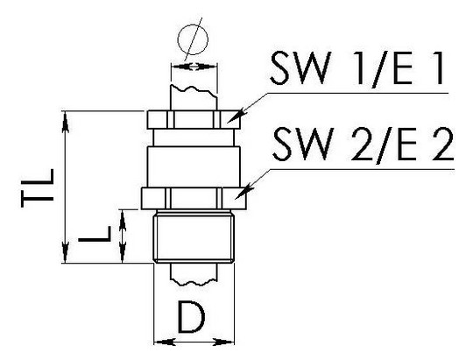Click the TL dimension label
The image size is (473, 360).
pyautogui.click(x=38, y=187)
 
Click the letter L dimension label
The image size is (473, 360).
pyautogui.click(x=95, y=234)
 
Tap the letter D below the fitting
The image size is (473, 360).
pyautogui.click(x=192, y=317)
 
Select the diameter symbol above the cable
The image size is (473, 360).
pyautogui.click(x=193, y=39)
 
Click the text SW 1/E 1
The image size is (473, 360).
pyautogui.click(x=357, y=68)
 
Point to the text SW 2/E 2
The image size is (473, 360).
pyautogui.click(x=364, y=145)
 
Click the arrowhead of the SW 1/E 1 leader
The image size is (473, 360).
pyautogui.click(x=235, y=116)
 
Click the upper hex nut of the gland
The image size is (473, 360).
pyautogui.click(x=194, y=120)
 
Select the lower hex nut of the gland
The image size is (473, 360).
pyautogui.click(x=194, y=198)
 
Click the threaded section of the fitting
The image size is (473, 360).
pyautogui.click(x=194, y=237)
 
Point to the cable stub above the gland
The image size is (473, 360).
pyautogui.click(x=194, y=97)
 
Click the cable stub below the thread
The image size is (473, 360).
pyautogui.click(x=194, y=273)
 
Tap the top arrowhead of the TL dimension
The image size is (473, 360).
pyautogui.click(x=65, y=122)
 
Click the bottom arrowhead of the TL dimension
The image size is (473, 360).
pyautogui.click(x=65, y=252)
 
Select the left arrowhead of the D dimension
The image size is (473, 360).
pyautogui.click(x=165, y=342)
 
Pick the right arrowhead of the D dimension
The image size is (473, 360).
pyautogui.click(x=223, y=342)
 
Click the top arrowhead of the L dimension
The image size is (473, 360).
pyautogui.click(x=122, y=220)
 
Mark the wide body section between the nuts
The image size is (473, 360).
pyautogui.click(x=194, y=167)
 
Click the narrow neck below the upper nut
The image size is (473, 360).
pyautogui.click(x=194, y=138)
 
